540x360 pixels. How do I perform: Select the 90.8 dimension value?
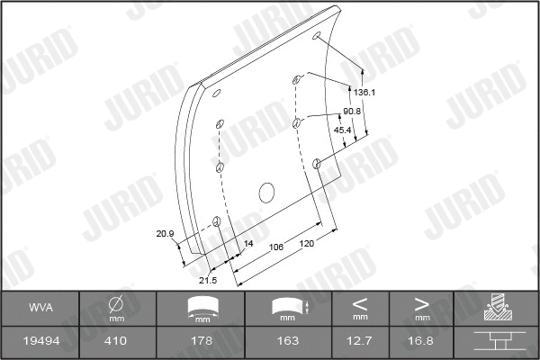tap(352, 111)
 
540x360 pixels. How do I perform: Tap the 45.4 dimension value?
tap(343, 130)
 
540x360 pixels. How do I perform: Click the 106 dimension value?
tap(277, 245)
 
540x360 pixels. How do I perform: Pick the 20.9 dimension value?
tap(165, 234)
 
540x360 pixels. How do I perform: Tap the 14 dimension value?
tap(248, 243)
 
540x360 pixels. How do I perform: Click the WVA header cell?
tap(40, 308)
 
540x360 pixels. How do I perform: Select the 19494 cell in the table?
tap(40, 341)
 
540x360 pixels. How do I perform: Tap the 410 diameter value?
tap(116, 341)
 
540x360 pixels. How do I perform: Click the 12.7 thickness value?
tap(360, 341)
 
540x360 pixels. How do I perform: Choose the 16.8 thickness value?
tap(421, 341)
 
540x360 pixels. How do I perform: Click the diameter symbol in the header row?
tap(116, 304)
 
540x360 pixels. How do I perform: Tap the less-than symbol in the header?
tap(360, 303)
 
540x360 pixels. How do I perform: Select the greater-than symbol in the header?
tap(421, 303)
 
